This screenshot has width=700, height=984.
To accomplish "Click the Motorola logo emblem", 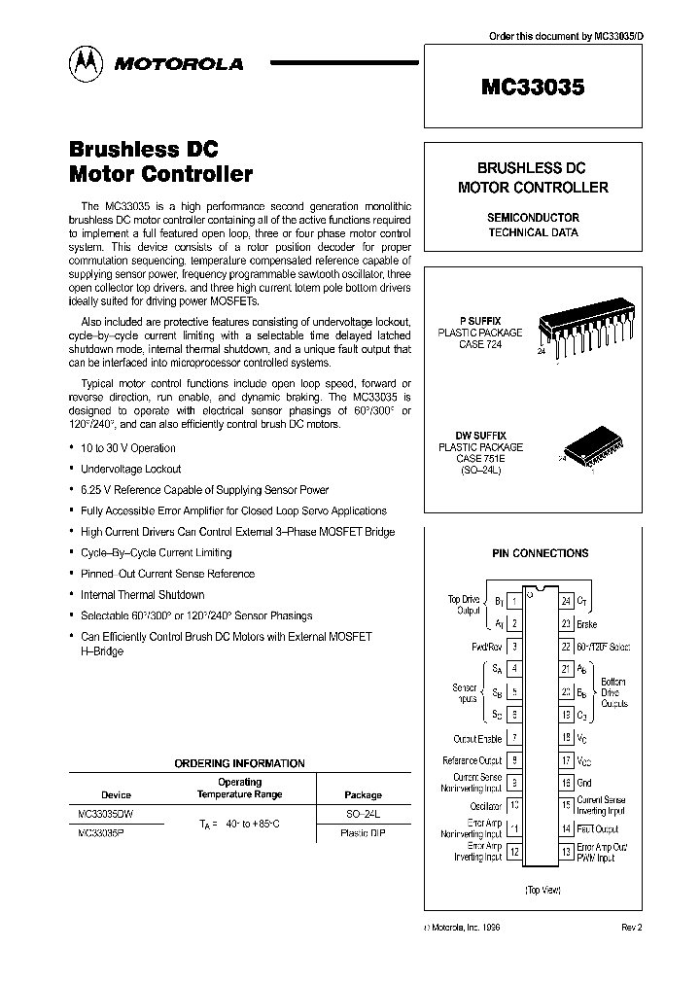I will tap(84, 63).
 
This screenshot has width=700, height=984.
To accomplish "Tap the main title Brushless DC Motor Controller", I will tap(160, 162).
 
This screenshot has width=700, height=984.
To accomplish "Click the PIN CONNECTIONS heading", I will tap(540, 553).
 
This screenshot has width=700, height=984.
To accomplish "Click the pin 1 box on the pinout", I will tap(513, 603).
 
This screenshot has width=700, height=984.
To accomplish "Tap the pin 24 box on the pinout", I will tap(566, 603).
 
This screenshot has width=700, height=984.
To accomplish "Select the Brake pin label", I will tap(587, 624).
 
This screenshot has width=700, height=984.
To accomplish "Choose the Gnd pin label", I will tap(585, 782).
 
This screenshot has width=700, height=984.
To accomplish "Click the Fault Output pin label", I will tap(598, 828).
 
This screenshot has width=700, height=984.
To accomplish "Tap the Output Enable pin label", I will tap(476, 739).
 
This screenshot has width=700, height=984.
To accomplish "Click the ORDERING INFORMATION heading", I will tap(239, 763).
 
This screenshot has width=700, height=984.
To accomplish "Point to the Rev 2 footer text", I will tap(632, 928).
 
